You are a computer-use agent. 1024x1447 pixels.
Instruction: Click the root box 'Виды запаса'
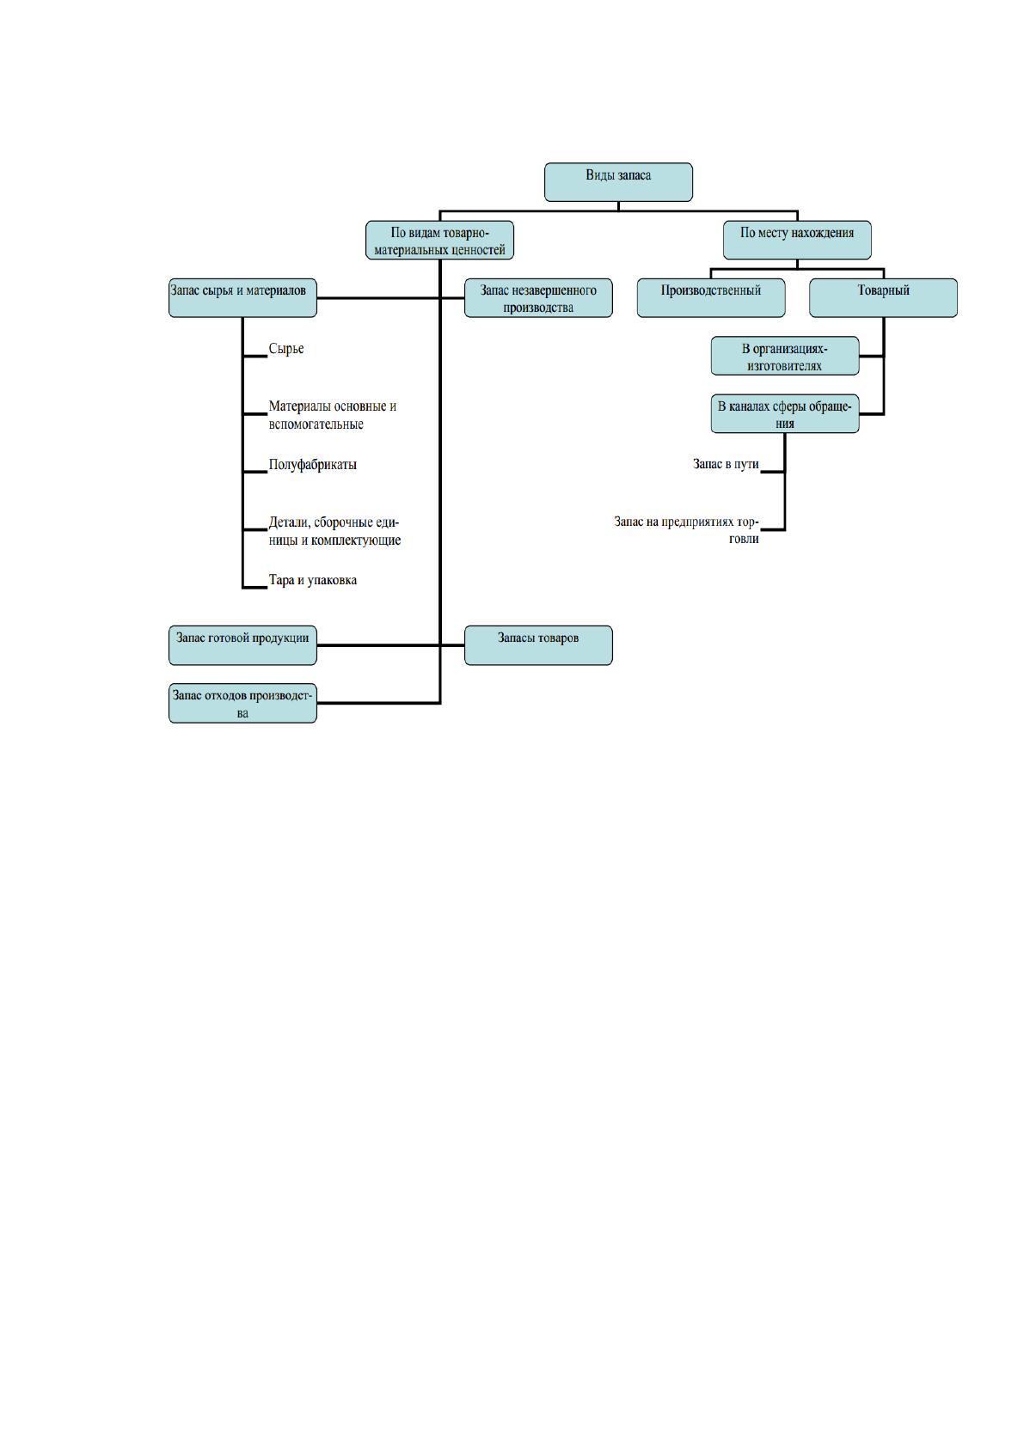point(618,182)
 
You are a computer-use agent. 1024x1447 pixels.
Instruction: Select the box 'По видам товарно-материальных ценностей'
point(439,241)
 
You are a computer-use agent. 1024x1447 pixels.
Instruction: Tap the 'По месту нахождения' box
point(797,241)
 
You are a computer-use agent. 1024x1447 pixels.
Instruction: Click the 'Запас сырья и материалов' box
point(242,298)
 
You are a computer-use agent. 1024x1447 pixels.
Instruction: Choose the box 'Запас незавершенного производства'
point(538,298)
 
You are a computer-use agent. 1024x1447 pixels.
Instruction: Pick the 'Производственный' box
point(711,298)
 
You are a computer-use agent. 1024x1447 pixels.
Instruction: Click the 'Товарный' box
point(883,298)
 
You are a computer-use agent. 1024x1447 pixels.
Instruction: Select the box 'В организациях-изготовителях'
point(785,356)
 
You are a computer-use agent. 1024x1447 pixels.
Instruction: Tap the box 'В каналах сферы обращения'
point(785,413)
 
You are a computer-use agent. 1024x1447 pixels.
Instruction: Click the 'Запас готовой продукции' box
point(242,645)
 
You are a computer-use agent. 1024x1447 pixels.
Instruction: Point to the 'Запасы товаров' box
point(538,645)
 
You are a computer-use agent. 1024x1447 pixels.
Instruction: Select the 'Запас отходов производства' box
point(242,703)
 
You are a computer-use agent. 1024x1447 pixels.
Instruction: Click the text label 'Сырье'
point(286,349)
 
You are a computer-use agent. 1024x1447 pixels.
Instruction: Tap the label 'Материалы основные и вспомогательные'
point(332,415)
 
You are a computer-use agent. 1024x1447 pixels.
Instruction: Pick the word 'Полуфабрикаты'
point(313,465)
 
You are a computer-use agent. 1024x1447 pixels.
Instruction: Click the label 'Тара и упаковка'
point(313,580)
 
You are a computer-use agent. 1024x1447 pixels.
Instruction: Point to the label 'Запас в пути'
point(726,464)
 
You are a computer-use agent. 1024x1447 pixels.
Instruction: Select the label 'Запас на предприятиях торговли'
point(687,529)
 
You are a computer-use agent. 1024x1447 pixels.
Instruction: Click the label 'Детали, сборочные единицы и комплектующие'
point(334,531)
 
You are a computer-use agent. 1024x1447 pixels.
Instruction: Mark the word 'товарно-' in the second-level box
point(465,233)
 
